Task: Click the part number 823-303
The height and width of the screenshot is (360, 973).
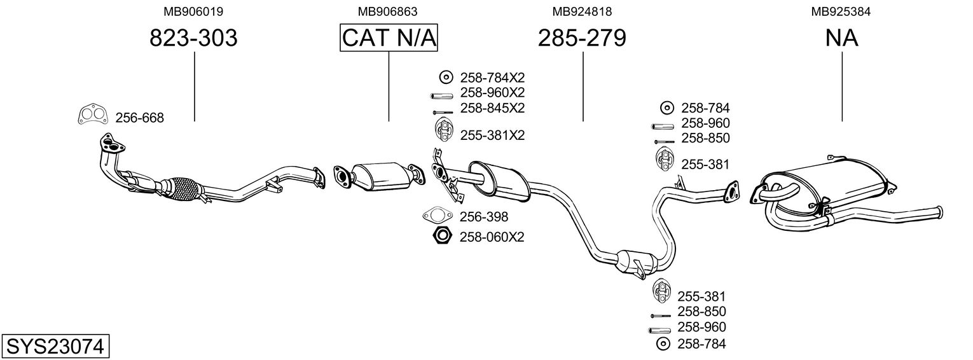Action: pyautogui.click(x=193, y=38)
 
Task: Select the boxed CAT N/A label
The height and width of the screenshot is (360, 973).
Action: pyautogui.click(x=389, y=38)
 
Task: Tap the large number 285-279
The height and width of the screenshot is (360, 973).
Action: pyautogui.click(x=582, y=38)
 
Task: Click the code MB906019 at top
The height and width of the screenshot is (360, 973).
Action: pyautogui.click(x=193, y=11)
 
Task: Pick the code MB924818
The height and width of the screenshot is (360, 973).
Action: pyautogui.click(x=582, y=11)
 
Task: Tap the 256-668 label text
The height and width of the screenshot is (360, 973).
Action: pyautogui.click(x=139, y=118)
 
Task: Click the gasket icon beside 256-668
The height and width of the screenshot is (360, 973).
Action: pyautogui.click(x=92, y=115)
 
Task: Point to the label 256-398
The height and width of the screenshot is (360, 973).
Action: pyautogui.click(x=483, y=216)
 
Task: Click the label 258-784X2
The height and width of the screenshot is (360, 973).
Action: pyautogui.click(x=492, y=78)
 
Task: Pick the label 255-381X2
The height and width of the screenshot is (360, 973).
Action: pyautogui.click(x=492, y=135)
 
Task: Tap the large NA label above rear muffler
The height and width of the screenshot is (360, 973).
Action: pyautogui.click(x=841, y=38)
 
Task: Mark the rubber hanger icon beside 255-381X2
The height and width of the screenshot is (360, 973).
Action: pyautogui.click(x=443, y=130)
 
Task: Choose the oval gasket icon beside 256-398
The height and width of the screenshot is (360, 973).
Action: pyautogui.click(x=436, y=216)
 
